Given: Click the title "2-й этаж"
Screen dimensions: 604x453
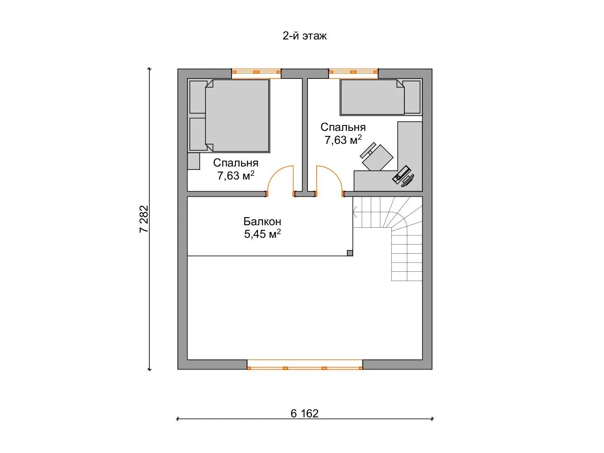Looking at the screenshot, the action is pyautogui.click(x=305, y=36).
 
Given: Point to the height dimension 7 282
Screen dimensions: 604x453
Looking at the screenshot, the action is pyautogui.click(x=144, y=219).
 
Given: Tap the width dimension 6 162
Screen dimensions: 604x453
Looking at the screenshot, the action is pyautogui.click(x=305, y=414).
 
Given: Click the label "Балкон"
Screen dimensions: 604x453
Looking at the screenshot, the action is pyautogui.click(x=262, y=221).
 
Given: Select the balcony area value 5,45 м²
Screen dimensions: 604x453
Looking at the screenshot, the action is pyautogui.click(x=262, y=234).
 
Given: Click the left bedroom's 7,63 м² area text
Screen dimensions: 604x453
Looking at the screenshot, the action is pyautogui.click(x=236, y=175).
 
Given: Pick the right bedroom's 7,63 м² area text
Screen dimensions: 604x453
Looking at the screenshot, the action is pyautogui.click(x=343, y=140).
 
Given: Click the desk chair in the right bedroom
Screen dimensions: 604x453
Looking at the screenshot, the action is pyautogui.click(x=377, y=156).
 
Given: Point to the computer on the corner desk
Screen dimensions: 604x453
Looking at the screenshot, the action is pyautogui.click(x=403, y=177).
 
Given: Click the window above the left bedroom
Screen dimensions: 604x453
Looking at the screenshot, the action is pyautogui.click(x=256, y=72).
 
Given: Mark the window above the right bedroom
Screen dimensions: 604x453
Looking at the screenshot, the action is pyautogui.click(x=354, y=72).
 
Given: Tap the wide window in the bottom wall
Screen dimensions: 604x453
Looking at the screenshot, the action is pyautogui.click(x=305, y=364).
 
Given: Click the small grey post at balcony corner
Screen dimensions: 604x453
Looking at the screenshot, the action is pyautogui.click(x=350, y=253).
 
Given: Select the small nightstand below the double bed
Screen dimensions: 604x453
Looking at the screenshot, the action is pyautogui.click(x=194, y=161).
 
